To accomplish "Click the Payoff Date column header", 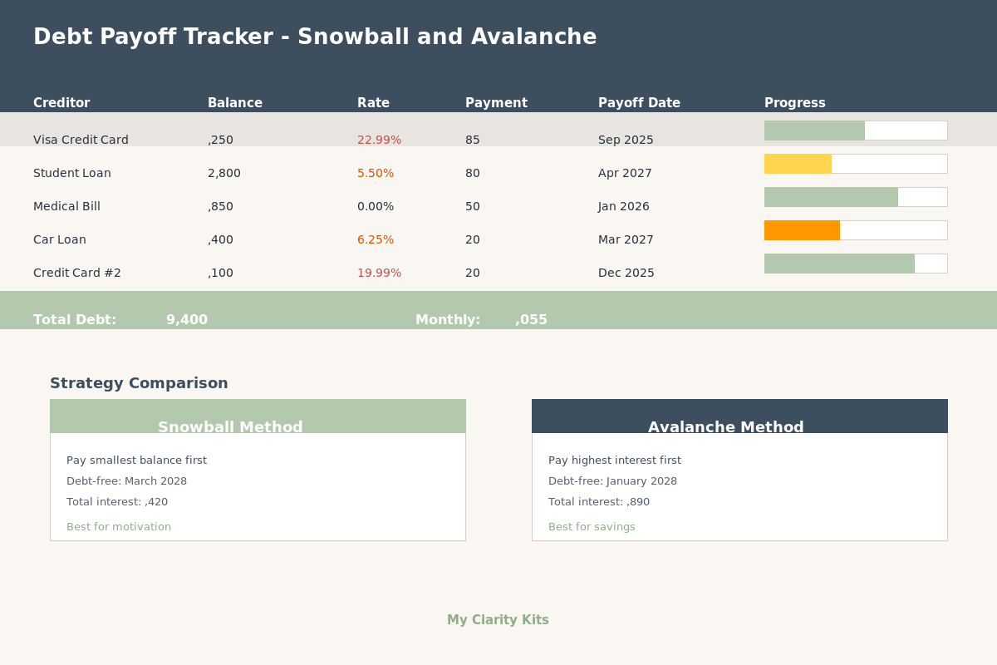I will pos(639,103).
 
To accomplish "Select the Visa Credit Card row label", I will pos(81,140).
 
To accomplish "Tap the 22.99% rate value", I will pos(379,140).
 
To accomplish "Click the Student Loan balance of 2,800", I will pos(224,173).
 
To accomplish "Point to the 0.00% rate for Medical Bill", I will pos(376,206).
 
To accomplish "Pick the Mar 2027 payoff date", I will pos(626,239).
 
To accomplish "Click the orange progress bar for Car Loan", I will pos(802,230).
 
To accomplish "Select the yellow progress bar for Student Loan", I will pos(798,164).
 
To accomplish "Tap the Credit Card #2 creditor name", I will pos(77,273).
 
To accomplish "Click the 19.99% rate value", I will pos(379,273).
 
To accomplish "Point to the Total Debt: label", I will pos(75,319).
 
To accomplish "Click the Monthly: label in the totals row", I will pos(448,319).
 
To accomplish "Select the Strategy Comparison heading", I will pos(139,383).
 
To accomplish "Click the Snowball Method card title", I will pos(230,427).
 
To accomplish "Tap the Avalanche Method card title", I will pos(725,427).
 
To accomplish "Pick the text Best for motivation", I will pos(119,526).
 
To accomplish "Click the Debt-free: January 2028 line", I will pos(612,480).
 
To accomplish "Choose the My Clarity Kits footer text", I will pos(498,619).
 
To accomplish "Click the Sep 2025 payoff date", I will pos(626,140).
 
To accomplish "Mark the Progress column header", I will pos(794,103).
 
